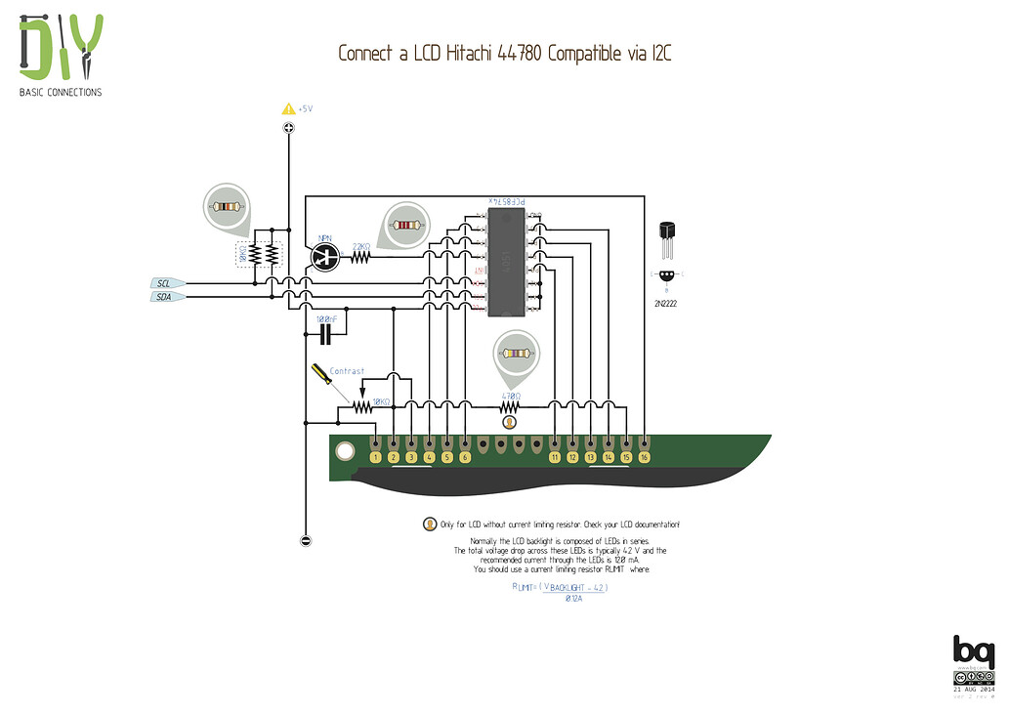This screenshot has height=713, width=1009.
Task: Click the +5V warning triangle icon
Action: pos(288,109)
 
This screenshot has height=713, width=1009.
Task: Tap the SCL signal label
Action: pos(164,283)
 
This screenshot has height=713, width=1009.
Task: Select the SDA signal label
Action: pos(164,297)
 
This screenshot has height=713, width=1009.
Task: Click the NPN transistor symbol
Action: pos(323,256)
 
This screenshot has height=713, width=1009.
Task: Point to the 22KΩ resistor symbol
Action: pos(360,257)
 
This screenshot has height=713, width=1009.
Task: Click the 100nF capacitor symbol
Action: pos(326,334)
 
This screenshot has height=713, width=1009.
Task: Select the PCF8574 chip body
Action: pos(506,263)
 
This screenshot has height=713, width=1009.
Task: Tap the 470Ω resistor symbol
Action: pos(508,406)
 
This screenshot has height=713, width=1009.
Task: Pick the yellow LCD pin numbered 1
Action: pos(375,457)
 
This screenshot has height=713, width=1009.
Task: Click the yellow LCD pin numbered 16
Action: pos(644,457)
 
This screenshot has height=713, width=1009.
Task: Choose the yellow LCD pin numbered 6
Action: pos(465,457)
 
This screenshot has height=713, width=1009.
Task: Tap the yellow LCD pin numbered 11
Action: pos(555,457)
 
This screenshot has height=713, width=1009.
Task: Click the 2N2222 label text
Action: pos(667,304)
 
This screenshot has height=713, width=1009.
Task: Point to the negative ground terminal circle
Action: pos(306,540)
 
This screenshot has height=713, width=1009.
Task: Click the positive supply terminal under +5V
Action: pos(288,128)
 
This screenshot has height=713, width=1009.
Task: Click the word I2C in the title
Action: pos(658,54)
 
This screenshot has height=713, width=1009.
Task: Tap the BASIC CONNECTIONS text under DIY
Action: pos(61,93)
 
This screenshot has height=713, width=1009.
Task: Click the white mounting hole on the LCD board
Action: pos(344,451)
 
